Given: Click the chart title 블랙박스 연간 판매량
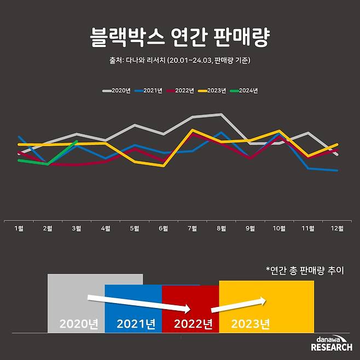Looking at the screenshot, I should (179, 38).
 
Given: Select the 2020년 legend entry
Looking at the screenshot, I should (117, 91).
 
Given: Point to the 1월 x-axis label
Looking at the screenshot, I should (19, 229).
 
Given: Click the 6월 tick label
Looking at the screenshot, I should (164, 229).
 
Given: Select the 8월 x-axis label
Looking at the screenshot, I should (222, 229).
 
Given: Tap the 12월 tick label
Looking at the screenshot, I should (337, 229).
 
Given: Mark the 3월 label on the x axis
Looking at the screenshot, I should (77, 229).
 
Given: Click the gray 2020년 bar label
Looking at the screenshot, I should (79, 324).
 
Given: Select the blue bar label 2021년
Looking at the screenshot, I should (136, 324).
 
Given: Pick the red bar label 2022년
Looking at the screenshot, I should (193, 324).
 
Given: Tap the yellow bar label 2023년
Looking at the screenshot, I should (251, 324).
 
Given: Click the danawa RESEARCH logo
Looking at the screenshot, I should (332, 344).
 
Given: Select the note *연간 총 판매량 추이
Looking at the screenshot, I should (304, 270).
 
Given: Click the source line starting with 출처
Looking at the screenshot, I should (179, 60).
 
